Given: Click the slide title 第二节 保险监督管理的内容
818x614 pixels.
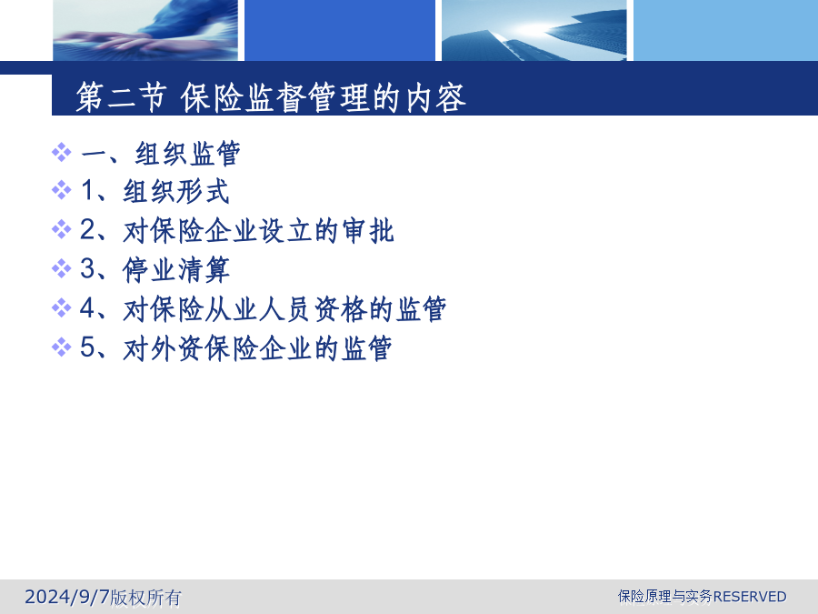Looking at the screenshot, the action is coord(270,97).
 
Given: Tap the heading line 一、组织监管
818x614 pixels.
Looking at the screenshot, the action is coord(161,154).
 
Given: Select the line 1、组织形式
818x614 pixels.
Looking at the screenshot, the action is coord(155,191).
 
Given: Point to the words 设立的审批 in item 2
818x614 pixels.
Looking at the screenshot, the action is coord(326,230).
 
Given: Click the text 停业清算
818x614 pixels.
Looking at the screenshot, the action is coord(176,269).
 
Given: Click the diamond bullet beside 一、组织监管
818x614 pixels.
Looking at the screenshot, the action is coord(62,153).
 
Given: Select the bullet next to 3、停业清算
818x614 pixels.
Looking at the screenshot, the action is coord(62,268).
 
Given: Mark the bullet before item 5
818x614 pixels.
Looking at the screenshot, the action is coord(62,347).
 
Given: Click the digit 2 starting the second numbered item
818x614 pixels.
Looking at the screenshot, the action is coord(87,230).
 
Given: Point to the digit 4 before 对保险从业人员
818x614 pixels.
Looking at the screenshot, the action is coord(87,308).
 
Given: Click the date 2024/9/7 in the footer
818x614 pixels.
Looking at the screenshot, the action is coord(67,597).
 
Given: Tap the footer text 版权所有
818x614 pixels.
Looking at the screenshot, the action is coord(146,598).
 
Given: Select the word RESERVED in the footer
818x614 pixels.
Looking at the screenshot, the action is coord(750,596).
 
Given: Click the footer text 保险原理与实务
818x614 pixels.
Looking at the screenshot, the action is coord(665,596).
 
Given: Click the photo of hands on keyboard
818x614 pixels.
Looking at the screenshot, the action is coord(145,30).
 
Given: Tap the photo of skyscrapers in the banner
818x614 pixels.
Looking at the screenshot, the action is coord(534,30).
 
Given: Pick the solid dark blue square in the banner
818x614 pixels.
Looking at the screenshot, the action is coord(340,30).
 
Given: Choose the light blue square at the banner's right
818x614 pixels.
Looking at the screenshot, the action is coord(725,30).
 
